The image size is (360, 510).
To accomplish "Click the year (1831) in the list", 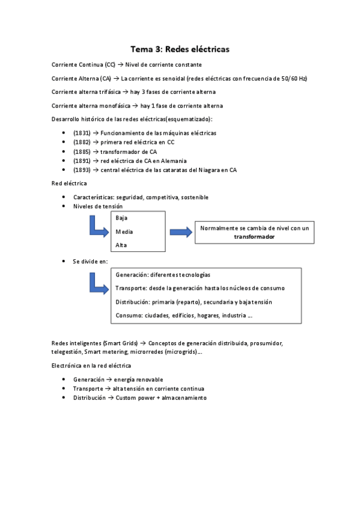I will pyautogui.click(x=82, y=133).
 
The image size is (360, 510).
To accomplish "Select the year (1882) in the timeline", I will pyautogui.click(x=82, y=142).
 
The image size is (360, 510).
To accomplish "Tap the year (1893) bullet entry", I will pyautogui.click(x=82, y=170).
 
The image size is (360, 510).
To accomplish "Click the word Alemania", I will pyautogui.click(x=173, y=161).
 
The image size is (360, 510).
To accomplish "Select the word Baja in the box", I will pyautogui.click(x=121, y=218).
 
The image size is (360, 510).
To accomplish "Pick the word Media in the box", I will pyautogui.click(x=124, y=232).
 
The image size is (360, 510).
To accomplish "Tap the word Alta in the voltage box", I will pyautogui.click(x=121, y=245).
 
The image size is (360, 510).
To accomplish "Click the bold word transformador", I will pyautogui.click(x=254, y=237).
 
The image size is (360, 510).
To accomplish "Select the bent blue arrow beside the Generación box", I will pyautogui.click(x=98, y=281).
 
